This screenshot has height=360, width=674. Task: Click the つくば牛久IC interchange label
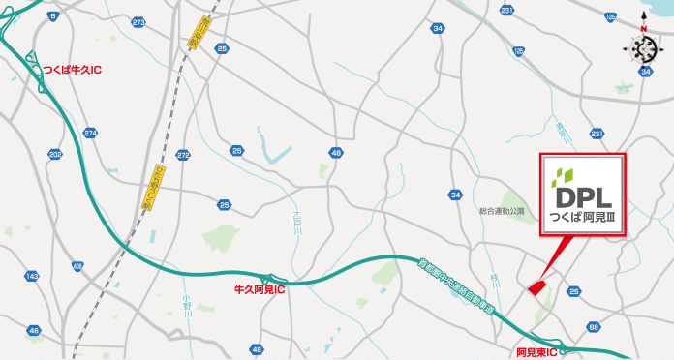[72, 71]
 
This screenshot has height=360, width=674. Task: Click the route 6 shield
[51, 17]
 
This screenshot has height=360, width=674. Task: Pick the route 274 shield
[91, 133]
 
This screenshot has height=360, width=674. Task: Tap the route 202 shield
[54, 154]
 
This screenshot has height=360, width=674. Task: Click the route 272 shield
[184, 155]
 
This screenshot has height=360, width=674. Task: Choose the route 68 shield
[594, 328]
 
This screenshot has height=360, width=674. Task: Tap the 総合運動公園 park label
[501, 211]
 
